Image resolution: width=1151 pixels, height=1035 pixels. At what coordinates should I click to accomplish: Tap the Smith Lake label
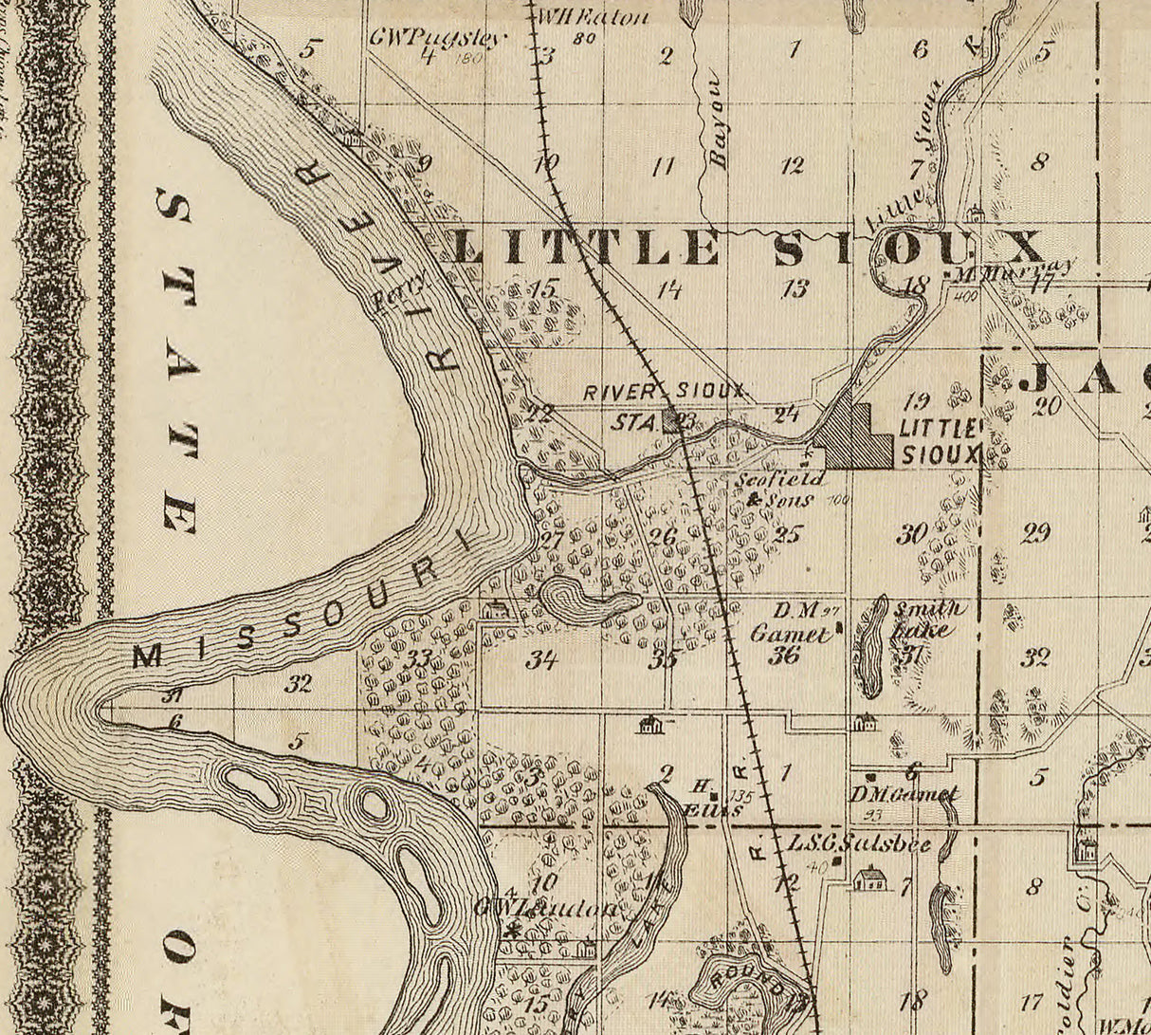(x=927, y=618)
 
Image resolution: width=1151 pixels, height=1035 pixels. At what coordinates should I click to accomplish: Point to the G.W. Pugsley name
(x=437, y=39)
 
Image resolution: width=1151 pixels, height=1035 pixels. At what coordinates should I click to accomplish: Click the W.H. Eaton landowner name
(x=593, y=17)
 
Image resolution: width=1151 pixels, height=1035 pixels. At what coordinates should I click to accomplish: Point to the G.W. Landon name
(x=550, y=908)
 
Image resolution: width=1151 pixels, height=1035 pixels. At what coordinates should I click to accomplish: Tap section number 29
(x=1035, y=533)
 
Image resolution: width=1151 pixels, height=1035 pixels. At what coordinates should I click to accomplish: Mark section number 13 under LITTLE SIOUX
(x=795, y=288)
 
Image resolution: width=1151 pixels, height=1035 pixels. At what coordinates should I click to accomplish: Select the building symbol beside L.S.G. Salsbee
(x=869, y=878)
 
